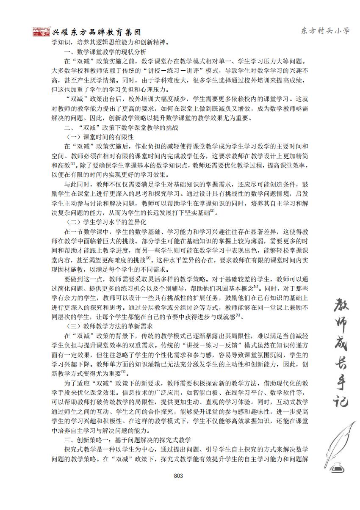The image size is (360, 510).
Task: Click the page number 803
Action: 178,476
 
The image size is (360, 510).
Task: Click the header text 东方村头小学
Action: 325,31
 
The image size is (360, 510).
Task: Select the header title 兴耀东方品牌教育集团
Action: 96,33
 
